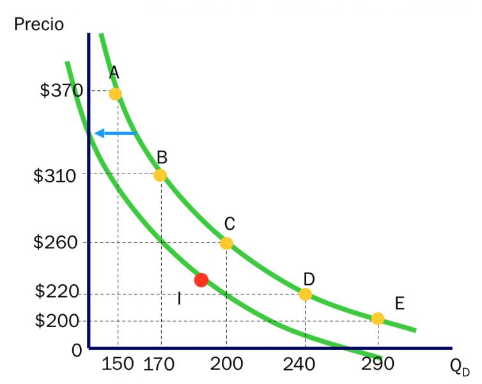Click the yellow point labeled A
click(116, 94)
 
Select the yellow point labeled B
click(160, 175)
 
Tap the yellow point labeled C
click(226, 243)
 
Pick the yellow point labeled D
click(306, 294)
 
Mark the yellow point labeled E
click(378, 319)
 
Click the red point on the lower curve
click(201, 280)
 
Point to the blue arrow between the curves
click(115, 133)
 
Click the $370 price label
click(61, 91)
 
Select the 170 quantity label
click(159, 365)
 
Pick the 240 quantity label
click(299, 364)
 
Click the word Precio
click(39, 24)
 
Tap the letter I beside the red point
click(180, 298)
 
